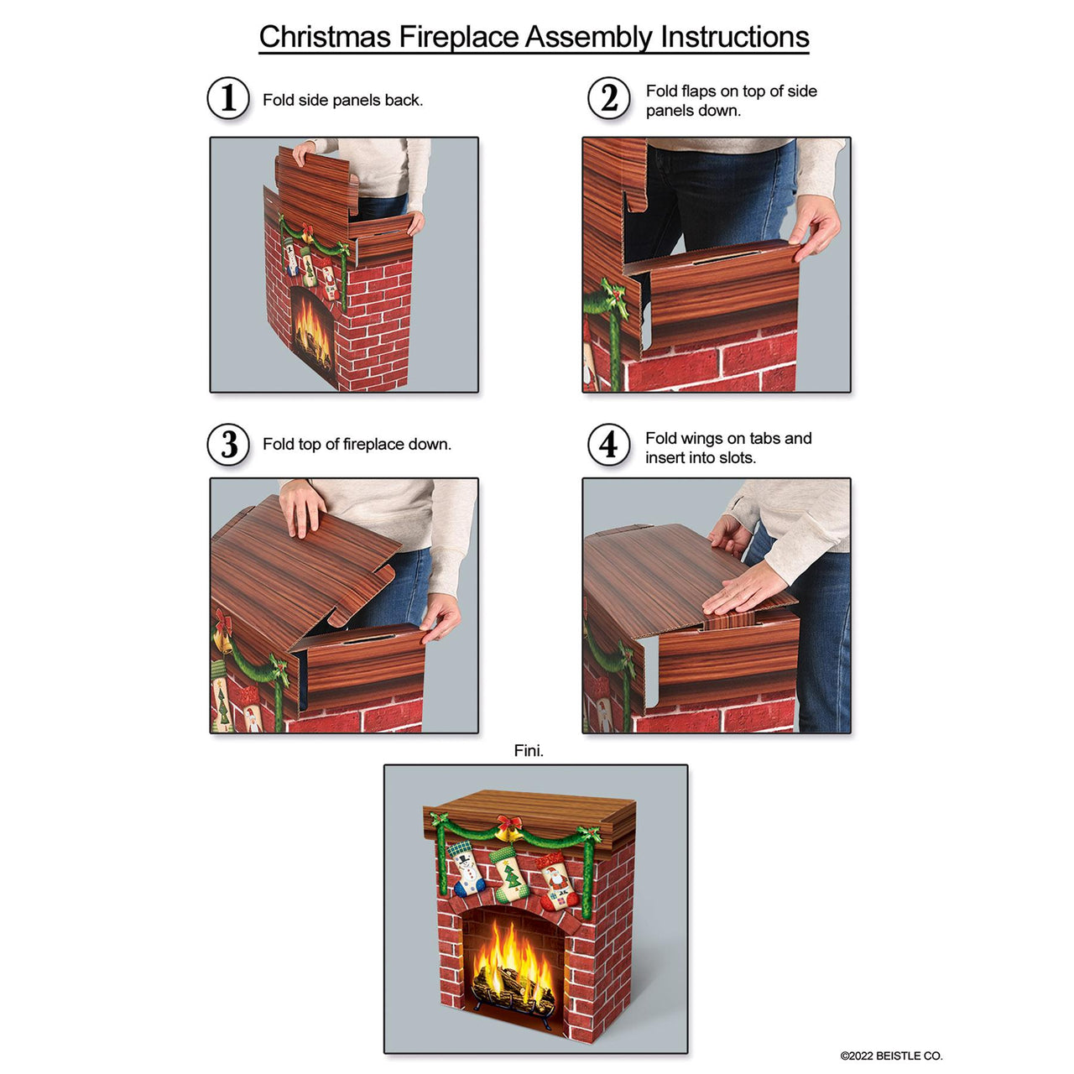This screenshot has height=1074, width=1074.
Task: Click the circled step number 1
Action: [228, 99]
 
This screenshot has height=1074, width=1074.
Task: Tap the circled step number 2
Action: [608, 99]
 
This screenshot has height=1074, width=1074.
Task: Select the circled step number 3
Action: [228, 445]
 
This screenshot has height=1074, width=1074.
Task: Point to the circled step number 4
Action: [608, 445]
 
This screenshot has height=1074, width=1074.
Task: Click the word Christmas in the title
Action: [325, 37]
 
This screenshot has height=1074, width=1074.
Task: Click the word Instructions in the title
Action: [734, 37]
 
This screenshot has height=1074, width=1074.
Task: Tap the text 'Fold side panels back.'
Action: [342, 100]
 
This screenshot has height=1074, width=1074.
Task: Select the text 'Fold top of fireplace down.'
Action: [357, 444]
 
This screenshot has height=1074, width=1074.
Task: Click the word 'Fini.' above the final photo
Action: [529, 751]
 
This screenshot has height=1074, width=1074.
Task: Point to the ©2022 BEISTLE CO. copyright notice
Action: [891, 1056]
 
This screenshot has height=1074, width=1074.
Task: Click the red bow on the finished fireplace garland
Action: [508, 823]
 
